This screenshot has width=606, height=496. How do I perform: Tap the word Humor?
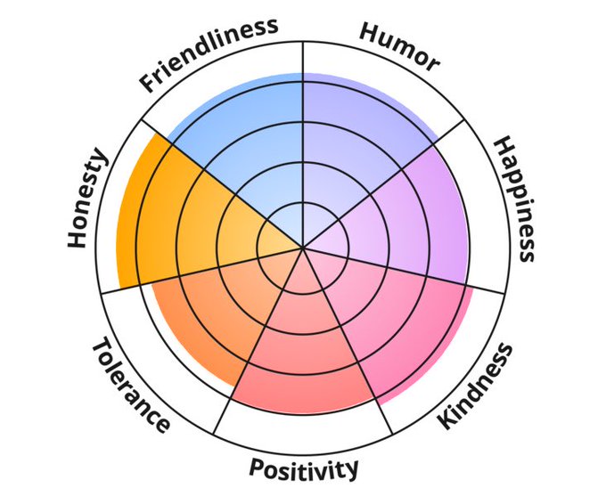[399, 45]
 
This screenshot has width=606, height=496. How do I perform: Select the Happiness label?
[515, 198]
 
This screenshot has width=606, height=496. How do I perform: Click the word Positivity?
[304, 468]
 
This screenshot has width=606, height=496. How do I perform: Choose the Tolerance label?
[130, 384]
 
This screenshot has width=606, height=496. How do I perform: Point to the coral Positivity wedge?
[303, 356]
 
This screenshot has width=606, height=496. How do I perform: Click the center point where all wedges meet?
[303, 248]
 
